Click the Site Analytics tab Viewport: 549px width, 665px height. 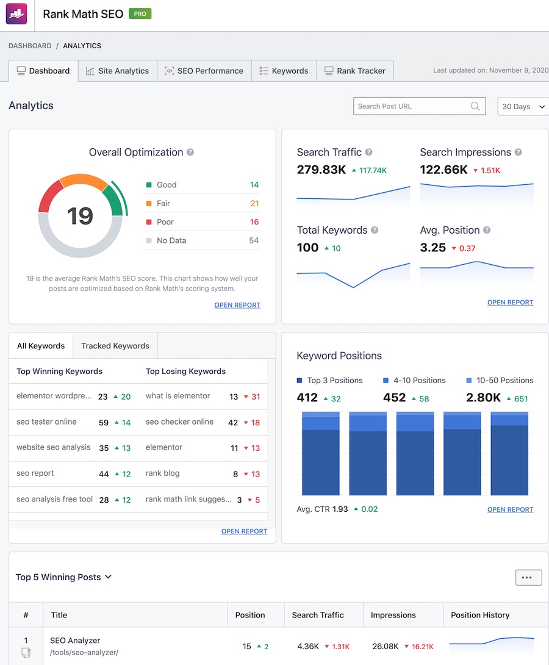(117, 71)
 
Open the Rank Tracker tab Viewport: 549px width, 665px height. (354, 71)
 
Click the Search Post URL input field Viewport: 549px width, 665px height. (412, 106)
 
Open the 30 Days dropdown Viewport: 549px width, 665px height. (523, 107)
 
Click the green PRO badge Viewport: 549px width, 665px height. (140, 13)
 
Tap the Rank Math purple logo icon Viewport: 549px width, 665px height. (16, 14)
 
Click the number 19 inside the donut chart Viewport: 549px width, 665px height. (80, 216)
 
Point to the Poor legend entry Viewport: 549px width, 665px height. (165, 222)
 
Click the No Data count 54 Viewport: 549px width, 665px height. (254, 240)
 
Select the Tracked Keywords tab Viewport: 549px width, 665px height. (115, 346)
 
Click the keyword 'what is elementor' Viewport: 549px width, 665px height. (178, 396)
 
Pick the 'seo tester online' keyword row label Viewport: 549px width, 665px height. (46, 422)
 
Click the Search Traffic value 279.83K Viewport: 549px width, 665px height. (321, 170)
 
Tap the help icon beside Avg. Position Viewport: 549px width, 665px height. (487, 230)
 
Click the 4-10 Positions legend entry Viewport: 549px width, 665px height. (418, 380)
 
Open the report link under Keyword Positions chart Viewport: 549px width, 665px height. (510, 509)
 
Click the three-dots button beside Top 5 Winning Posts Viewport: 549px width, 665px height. (528, 577)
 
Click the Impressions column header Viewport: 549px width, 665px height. (393, 615)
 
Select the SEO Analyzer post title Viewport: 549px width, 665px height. (75, 641)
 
